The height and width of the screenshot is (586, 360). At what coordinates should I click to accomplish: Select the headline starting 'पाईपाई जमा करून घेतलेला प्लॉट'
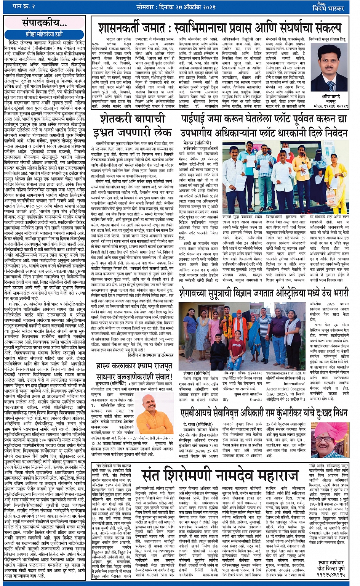[264, 125]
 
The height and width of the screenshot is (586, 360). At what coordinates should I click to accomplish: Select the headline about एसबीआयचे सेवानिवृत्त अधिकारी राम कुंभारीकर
[264, 413]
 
